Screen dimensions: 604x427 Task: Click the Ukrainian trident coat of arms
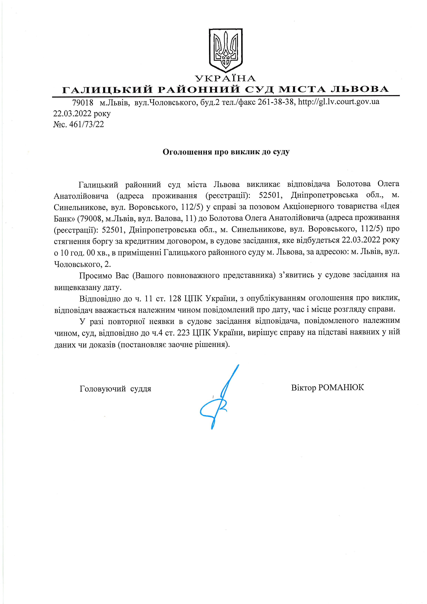click(x=226, y=50)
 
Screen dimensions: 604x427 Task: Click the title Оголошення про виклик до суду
click(x=226, y=152)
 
